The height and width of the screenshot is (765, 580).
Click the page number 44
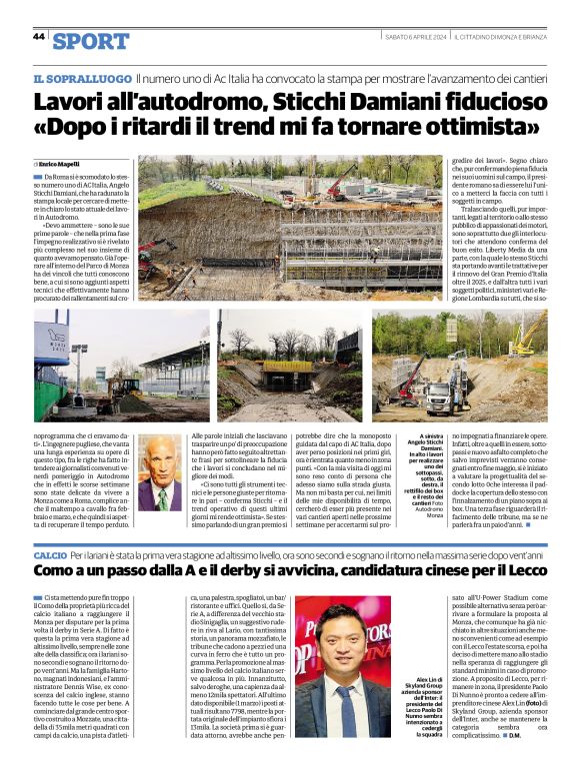point(39,36)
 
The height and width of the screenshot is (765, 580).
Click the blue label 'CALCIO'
point(49,552)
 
